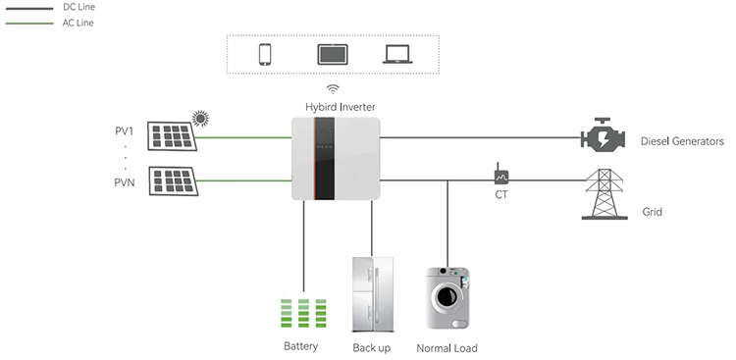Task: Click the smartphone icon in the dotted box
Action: [x=265, y=54]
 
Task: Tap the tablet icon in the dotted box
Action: [x=333, y=54]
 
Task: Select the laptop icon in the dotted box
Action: [x=397, y=54]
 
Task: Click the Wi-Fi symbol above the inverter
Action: [x=333, y=88]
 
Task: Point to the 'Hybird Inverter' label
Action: [x=341, y=107]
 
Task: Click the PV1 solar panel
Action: [x=172, y=136]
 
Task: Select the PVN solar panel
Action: [x=173, y=180]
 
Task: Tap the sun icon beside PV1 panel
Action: [x=200, y=119]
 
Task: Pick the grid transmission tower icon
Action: [x=605, y=194]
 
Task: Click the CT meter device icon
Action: [x=500, y=175]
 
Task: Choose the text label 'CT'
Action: [x=501, y=194]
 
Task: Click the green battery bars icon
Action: [x=303, y=313]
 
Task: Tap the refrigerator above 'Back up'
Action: [x=373, y=294]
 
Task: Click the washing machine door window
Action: [x=446, y=296]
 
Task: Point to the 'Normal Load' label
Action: [x=447, y=348]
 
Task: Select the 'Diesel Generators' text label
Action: [x=682, y=141]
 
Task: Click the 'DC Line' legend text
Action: [x=79, y=8]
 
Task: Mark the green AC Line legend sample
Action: [x=29, y=24]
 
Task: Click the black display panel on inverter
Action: [x=325, y=159]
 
